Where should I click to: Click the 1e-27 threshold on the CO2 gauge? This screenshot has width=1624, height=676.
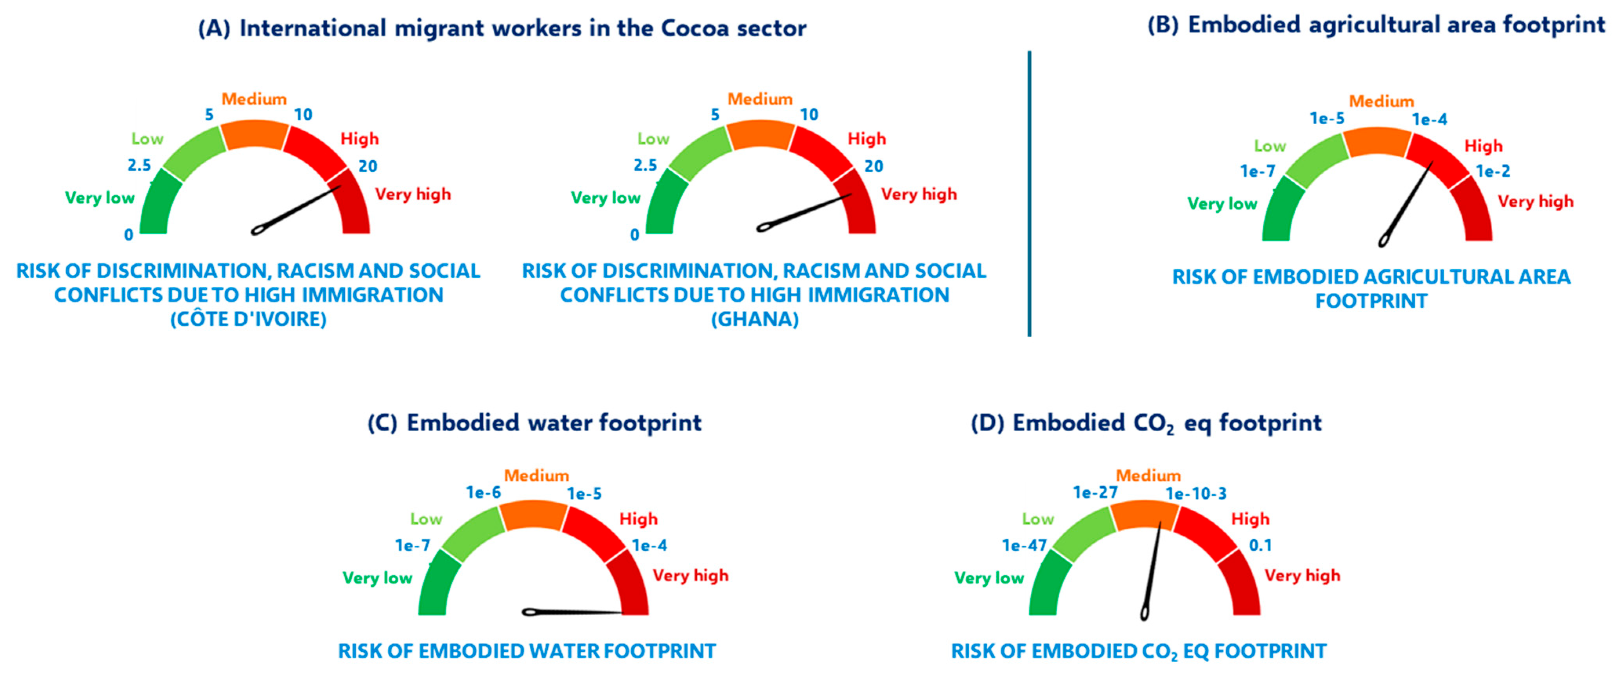pyautogui.click(x=1095, y=492)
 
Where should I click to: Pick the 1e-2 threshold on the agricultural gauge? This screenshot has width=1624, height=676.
pyautogui.click(x=1493, y=171)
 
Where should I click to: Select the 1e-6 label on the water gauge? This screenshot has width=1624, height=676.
pyautogui.click(x=483, y=492)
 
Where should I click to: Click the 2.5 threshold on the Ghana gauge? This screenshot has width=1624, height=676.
pyautogui.click(x=645, y=165)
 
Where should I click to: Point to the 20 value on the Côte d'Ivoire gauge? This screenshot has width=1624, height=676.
pyautogui.click(x=367, y=167)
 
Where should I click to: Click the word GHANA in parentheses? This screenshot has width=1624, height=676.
pyautogui.click(x=755, y=320)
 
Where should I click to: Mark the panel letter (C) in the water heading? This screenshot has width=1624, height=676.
pyautogui.click(x=382, y=423)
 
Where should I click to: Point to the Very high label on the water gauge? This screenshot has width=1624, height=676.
pyautogui.click(x=690, y=575)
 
